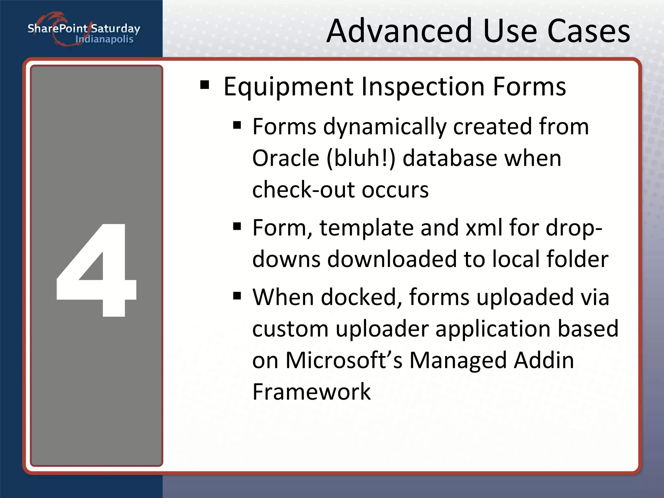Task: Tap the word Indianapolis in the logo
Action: (104, 39)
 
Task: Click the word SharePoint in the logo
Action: (57, 29)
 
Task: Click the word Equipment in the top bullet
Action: (288, 87)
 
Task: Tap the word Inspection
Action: (423, 87)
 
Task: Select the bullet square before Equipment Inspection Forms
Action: (205, 85)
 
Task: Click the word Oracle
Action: (286, 158)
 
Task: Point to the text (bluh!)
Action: (361, 158)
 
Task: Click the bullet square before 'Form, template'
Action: (237, 226)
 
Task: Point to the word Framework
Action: (311, 392)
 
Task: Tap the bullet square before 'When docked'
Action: (237, 295)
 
